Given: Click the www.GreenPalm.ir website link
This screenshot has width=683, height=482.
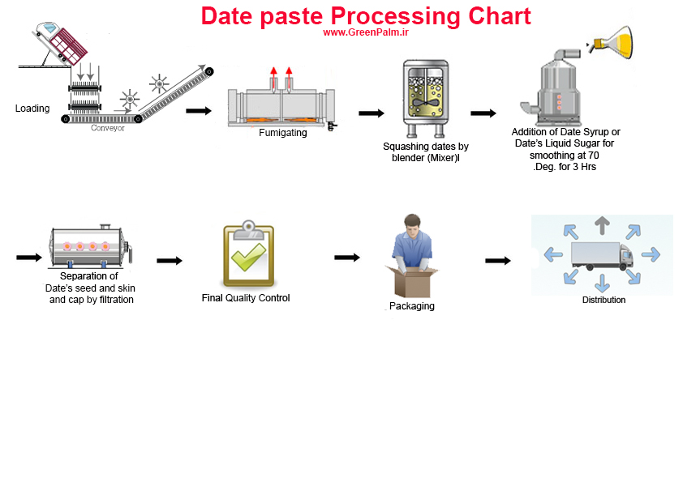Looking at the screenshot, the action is click(x=366, y=32).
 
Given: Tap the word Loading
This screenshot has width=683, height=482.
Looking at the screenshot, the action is click(x=32, y=109).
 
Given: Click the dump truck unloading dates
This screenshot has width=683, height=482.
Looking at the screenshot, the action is click(x=60, y=44).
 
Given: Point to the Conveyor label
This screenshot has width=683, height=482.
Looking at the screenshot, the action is click(x=108, y=128).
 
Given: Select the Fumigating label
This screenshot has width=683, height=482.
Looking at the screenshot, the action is click(x=283, y=133).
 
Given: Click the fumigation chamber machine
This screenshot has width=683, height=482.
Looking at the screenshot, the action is click(x=281, y=105).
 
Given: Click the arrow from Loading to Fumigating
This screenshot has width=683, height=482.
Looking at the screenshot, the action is click(x=199, y=111).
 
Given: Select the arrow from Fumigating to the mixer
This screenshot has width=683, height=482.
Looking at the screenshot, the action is click(x=372, y=113).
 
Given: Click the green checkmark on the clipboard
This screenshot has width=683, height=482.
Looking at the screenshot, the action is click(x=249, y=257).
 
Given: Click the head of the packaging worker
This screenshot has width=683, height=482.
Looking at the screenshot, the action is click(x=412, y=224).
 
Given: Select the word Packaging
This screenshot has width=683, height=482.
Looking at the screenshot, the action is click(x=411, y=306).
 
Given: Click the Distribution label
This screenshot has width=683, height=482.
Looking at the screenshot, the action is click(x=604, y=300).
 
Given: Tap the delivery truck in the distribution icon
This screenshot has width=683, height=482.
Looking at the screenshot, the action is click(x=602, y=256).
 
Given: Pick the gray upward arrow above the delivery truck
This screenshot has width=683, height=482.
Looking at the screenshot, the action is click(x=602, y=225).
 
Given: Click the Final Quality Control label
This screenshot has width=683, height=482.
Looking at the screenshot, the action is click(x=246, y=298).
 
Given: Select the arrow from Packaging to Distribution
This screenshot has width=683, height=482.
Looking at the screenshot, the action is click(x=498, y=261).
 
